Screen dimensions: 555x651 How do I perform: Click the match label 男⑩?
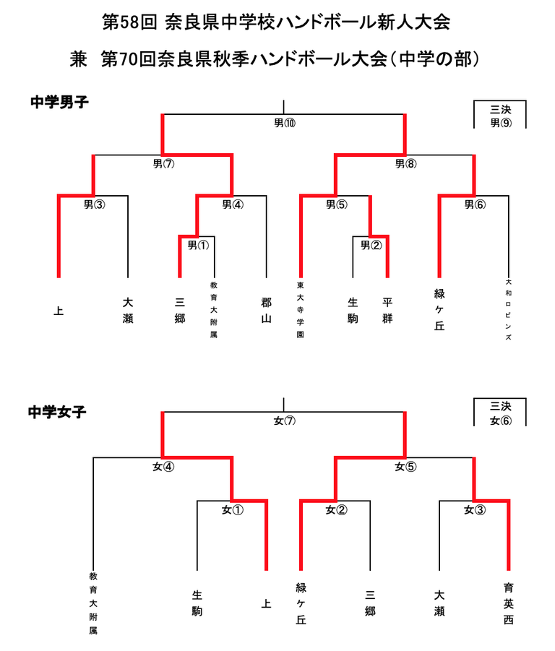284,123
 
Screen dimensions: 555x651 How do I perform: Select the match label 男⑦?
163,164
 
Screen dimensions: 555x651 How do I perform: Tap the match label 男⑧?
405,164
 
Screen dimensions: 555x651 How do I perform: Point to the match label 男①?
198,245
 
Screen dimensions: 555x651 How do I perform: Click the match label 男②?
371,245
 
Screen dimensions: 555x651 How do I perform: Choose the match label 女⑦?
284,421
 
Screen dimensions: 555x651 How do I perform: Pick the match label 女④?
163,467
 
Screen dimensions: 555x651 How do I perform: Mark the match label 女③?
475,510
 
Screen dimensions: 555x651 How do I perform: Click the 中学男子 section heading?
59,103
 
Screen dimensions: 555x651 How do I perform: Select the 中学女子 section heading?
58,412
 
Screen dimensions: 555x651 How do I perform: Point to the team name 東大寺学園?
300,310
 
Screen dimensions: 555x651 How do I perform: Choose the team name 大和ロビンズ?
509,310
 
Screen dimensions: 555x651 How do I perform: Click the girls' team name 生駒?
197,603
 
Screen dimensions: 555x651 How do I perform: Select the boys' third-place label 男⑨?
501,123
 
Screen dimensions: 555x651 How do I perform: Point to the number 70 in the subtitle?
130,59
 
